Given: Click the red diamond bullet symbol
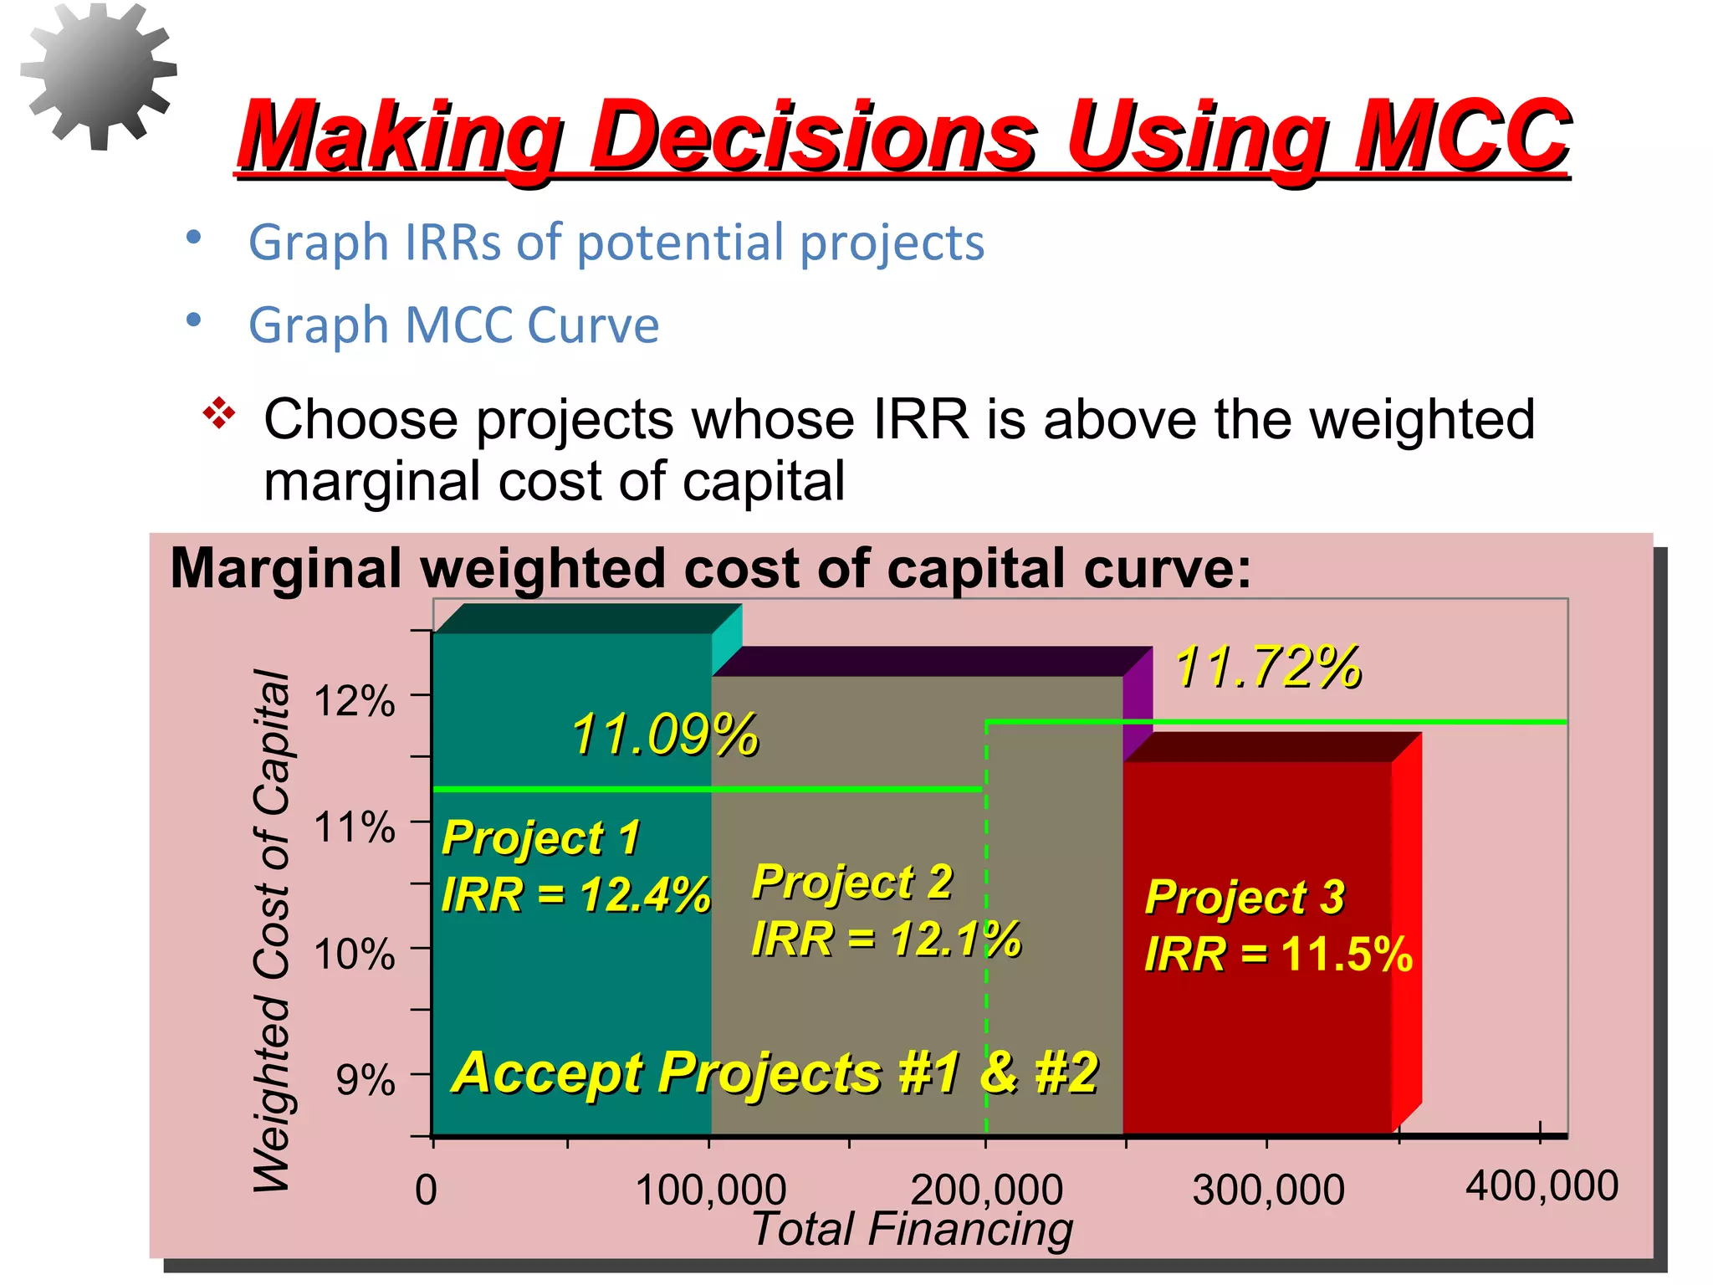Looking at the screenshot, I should click(219, 413).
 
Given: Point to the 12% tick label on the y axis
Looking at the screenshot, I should click(354, 701).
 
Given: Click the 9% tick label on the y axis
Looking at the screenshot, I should click(365, 1080).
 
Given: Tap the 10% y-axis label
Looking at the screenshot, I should click(354, 954).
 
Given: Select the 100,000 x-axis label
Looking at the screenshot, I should click(710, 1190).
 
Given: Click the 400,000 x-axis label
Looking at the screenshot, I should click(1542, 1186).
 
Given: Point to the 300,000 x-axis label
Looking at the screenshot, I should click(1268, 1190).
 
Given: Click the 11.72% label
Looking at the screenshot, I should click(1267, 668).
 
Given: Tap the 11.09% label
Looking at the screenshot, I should click(664, 735).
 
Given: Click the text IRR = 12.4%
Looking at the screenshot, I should click(575, 894).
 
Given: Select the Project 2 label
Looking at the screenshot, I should click(852, 882).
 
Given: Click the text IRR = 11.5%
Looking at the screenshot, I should click(1277, 954).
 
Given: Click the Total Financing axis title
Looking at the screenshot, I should click(912, 1230).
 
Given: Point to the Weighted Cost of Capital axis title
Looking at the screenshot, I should click(272, 929).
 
